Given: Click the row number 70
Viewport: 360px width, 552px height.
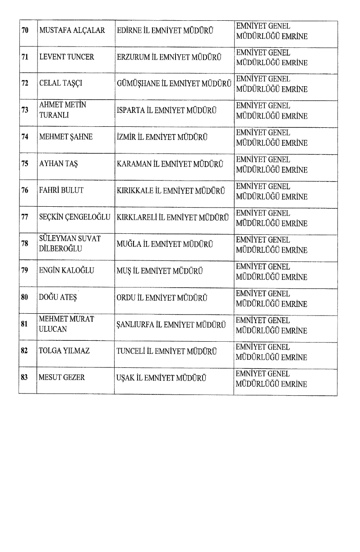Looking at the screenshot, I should coord(25,31).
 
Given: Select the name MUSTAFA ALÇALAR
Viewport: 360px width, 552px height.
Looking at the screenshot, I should coord(72,31).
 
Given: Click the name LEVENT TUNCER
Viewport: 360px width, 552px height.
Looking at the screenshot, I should coord(67,58).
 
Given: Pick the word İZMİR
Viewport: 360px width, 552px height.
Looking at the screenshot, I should coord(126,137).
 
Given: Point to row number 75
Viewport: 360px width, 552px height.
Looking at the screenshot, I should coord(25,164).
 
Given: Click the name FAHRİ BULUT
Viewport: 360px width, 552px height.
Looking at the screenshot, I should coord(61,190).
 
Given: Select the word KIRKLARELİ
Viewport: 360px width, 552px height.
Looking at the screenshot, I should coord(138,217).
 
